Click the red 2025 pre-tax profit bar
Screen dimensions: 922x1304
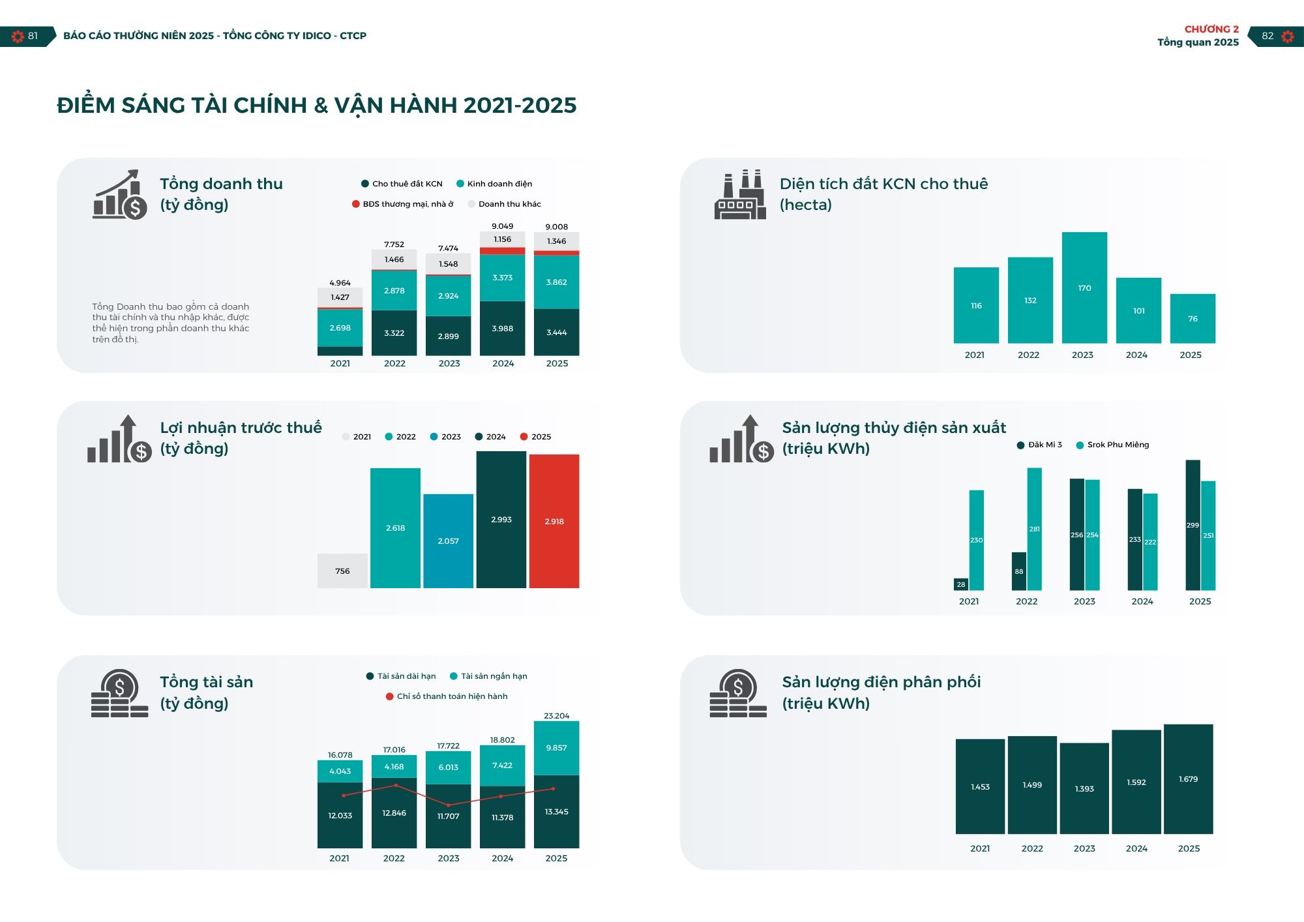(x=554, y=521)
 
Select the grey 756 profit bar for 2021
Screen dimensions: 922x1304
(x=342, y=571)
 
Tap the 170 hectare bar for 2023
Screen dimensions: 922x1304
(x=1084, y=288)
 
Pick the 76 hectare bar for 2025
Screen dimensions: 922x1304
(x=1193, y=318)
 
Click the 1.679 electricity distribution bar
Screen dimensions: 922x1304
(x=1188, y=779)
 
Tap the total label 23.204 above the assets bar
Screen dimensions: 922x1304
(x=556, y=715)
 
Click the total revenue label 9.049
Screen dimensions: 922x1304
(x=502, y=226)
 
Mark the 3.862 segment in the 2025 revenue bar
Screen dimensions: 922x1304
(x=556, y=282)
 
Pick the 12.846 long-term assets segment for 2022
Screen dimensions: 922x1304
(x=394, y=813)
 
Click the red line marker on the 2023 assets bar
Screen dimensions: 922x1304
(x=448, y=805)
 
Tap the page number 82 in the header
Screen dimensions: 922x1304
(x=1267, y=36)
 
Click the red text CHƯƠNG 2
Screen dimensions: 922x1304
(x=1211, y=29)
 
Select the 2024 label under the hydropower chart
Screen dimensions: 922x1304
(x=1142, y=601)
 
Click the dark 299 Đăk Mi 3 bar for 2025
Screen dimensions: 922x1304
(x=1193, y=525)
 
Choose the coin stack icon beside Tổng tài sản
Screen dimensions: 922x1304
(x=119, y=694)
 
